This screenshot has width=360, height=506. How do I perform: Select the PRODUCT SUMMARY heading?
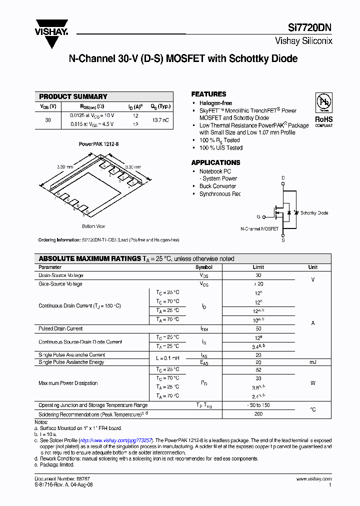(x=73, y=96)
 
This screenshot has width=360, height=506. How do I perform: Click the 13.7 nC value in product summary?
(x=160, y=120)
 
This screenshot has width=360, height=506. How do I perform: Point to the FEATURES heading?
(x=208, y=94)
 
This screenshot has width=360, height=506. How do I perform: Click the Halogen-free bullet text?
(x=215, y=103)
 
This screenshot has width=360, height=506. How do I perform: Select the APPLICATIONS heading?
(x=215, y=162)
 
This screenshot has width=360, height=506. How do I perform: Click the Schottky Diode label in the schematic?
(x=314, y=212)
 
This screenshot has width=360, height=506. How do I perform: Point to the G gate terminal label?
(x=258, y=216)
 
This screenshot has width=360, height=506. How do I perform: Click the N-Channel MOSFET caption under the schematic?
(x=259, y=228)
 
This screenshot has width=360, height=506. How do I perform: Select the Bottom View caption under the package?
(x=93, y=226)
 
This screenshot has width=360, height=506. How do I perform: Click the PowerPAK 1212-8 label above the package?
(x=98, y=144)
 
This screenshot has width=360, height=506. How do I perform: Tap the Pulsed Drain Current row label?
(x=60, y=328)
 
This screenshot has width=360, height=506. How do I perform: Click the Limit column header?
(x=258, y=267)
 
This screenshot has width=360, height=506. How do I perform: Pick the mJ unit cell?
(x=312, y=361)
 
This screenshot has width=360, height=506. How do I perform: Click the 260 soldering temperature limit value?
(x=258, y=414)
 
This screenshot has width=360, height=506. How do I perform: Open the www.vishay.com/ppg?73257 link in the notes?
(x=127, y=439)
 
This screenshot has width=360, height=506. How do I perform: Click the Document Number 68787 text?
(x=56, y=479)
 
